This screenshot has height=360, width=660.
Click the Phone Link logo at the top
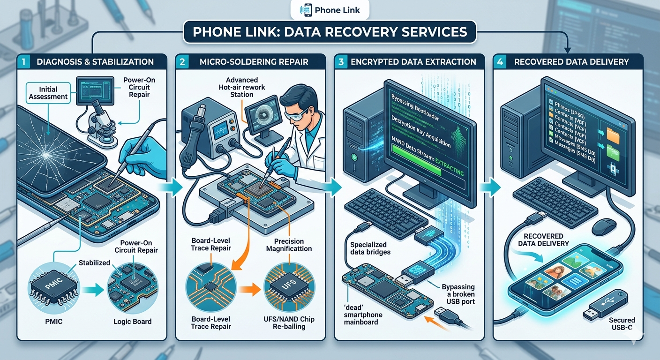point(330,9)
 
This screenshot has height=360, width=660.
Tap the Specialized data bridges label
point(368,248)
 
